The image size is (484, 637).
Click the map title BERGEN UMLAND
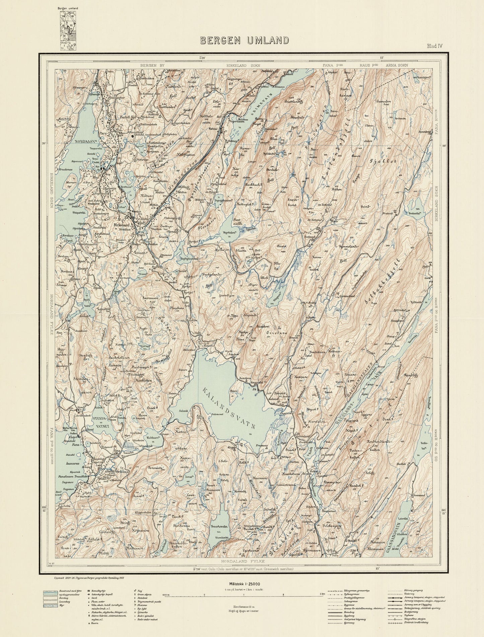[245, 41]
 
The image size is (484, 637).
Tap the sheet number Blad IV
[434, 46]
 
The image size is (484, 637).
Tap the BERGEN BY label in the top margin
[152, 65]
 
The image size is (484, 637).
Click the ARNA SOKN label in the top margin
[397, 65]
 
